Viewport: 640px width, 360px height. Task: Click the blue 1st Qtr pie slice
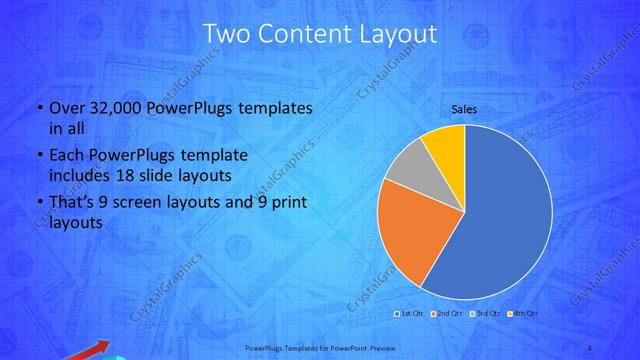[x=500, y=215]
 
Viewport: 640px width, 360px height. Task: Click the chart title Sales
[x=463, y=108]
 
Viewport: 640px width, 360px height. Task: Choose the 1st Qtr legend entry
[x=411, y=314]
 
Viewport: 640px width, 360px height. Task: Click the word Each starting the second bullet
[x=66, y=155]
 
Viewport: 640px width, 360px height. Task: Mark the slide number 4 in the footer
[x=590, y=348]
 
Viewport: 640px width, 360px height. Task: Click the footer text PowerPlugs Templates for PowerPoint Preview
[x=319, y=348]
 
